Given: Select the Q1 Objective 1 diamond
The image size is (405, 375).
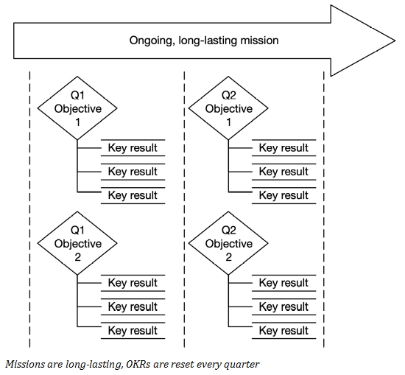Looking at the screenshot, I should tap(78, 109).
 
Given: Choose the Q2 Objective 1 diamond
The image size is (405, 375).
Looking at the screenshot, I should tap(228, 109).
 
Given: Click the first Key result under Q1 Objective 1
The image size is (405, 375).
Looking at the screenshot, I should tap(133, 148).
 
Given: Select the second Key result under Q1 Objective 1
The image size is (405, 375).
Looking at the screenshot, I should tap(133, 172).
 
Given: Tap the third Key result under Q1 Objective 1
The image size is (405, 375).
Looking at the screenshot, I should tap(133, 195).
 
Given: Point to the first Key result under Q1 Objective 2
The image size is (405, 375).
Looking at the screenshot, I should tap(133, 283).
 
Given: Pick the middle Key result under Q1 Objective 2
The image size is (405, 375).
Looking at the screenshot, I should tap(133, 306).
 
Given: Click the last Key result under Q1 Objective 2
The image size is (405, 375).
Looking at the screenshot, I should tap(133, 330).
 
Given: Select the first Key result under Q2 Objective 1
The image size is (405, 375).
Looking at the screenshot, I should tap(283, 148).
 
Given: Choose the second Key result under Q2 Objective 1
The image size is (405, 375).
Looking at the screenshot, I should tap(283, 172).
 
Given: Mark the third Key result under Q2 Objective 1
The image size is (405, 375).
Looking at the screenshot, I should tap(283, 195).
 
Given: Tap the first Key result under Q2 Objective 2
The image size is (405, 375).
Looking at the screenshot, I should tap(283, 283).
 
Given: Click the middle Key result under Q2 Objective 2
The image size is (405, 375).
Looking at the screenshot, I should tap(283, 306).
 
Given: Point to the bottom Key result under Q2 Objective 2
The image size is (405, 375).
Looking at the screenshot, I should tap(283, 330).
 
